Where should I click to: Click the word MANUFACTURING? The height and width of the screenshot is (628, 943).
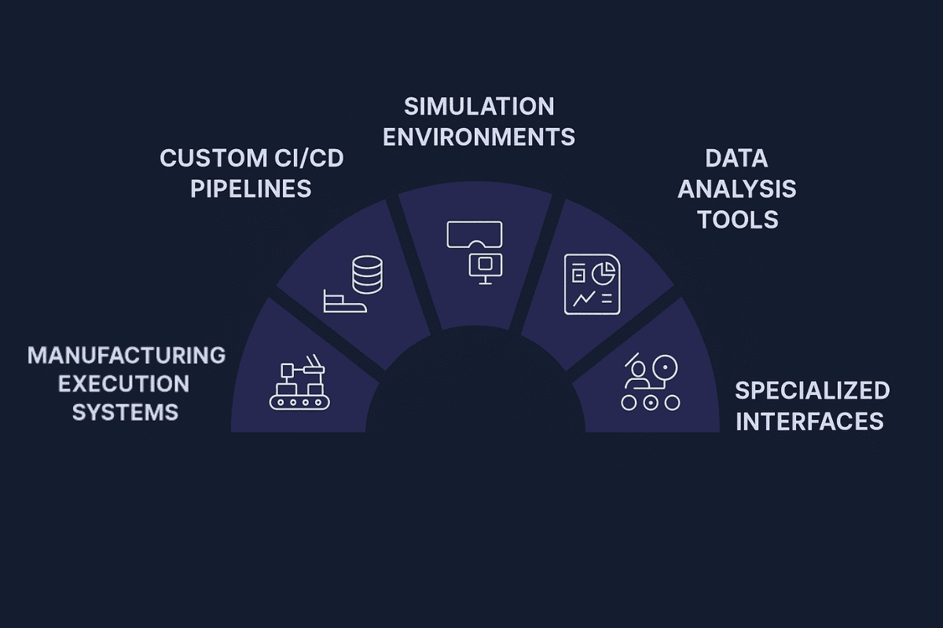127,356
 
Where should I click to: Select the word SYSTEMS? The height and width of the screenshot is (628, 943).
125,411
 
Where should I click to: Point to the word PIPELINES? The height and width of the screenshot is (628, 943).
251,188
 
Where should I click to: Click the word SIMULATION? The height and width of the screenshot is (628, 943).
479,106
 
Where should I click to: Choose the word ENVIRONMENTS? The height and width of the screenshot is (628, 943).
479,137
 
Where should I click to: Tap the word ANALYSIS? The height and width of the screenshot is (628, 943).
737,189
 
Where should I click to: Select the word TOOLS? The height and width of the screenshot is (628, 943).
738,219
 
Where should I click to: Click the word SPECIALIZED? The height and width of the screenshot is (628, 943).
813,390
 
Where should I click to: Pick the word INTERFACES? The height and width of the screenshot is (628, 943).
809,421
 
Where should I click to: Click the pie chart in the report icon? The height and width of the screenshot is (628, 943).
603,274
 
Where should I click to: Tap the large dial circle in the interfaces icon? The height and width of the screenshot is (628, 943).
665,367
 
